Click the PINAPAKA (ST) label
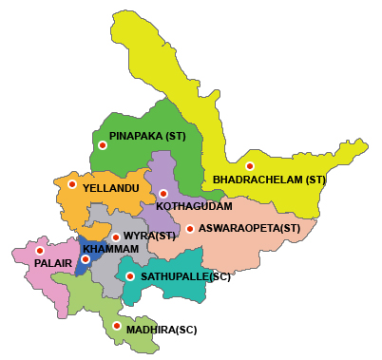pos(147,137)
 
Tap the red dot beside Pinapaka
pos(102,145)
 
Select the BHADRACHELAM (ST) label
pos(269,180)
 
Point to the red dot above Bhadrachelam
pos(250,166)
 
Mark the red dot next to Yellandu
pos(72,184)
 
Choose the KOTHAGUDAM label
pos(194,205)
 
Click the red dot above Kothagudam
pos(163,194)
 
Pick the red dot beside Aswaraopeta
pos(190,229)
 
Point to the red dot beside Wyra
pos(116,237)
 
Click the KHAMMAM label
pos(110,249)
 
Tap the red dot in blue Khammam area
pos(86,258)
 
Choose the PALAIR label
pos(53,263)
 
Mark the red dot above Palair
pos(40,251)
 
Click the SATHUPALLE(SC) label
pos(185,277)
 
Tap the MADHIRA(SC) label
pos(162,329)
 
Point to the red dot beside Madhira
pos(117,326)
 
